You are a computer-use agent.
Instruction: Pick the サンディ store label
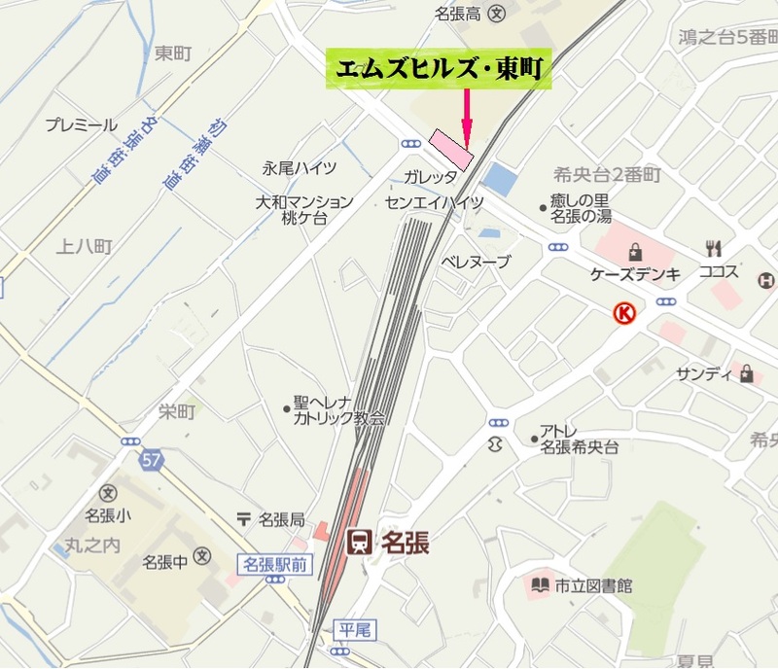coord(702,373)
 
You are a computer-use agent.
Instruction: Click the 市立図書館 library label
coord(593,585)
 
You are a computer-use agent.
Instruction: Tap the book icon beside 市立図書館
coord(539,585)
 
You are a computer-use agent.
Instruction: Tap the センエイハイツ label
coord(434,202)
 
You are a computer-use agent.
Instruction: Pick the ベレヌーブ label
coord(476,262)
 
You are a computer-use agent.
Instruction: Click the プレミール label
coord(82,125)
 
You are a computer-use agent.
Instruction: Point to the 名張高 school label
coord(460,14)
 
